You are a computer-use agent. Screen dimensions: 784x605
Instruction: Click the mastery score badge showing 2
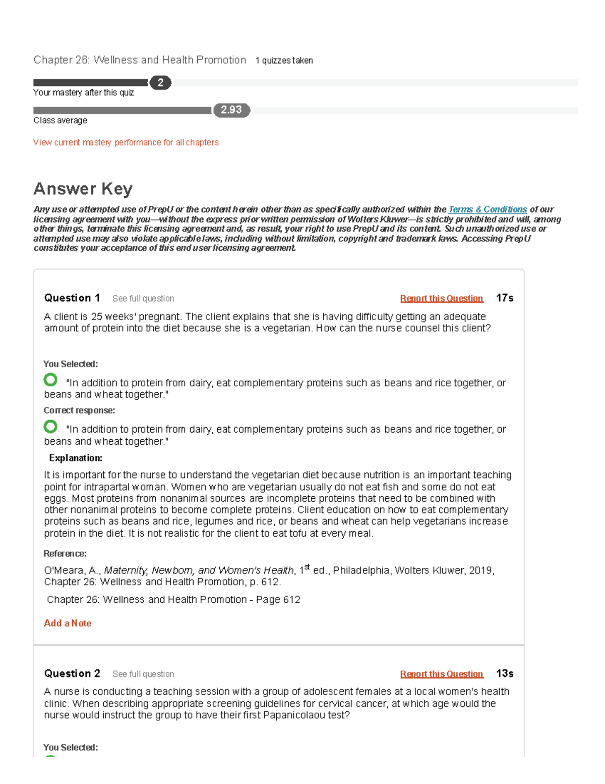[x=160, y=83]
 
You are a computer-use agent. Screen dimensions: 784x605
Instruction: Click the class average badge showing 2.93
[x=231, y=110]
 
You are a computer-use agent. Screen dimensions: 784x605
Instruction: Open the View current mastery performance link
[x=126, y=142]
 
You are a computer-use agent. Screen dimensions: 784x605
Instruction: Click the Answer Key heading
[x=83, y=189]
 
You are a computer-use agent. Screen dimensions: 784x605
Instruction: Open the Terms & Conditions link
[x=488, y=209]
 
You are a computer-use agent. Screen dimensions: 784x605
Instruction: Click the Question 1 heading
[x=72, y=298]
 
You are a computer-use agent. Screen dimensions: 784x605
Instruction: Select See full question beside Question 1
[x=143, y=298]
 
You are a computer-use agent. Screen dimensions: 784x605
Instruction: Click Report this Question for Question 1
[x=442, y=298]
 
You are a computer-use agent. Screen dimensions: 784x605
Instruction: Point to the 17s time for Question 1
[x=504, y=298]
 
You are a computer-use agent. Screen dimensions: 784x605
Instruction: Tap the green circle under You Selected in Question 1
[x=50, y=380]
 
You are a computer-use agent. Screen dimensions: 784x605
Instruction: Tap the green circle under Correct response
[x=50, y=427]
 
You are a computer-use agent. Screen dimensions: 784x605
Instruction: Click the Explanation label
[x=76, y=458]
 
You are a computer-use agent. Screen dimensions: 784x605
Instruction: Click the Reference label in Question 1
[x=65, y=553]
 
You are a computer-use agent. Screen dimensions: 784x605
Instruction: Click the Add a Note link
[x=68, y=623]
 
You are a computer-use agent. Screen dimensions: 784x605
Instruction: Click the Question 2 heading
[x=72, y=673]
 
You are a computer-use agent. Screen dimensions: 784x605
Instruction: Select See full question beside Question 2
[x=143, y=674]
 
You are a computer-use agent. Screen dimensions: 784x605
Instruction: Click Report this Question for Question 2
[x=442, y=674]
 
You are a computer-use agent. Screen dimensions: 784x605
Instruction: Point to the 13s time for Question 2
[x=504, y=673]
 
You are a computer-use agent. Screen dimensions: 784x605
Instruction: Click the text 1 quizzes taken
[x=284, y=61]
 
